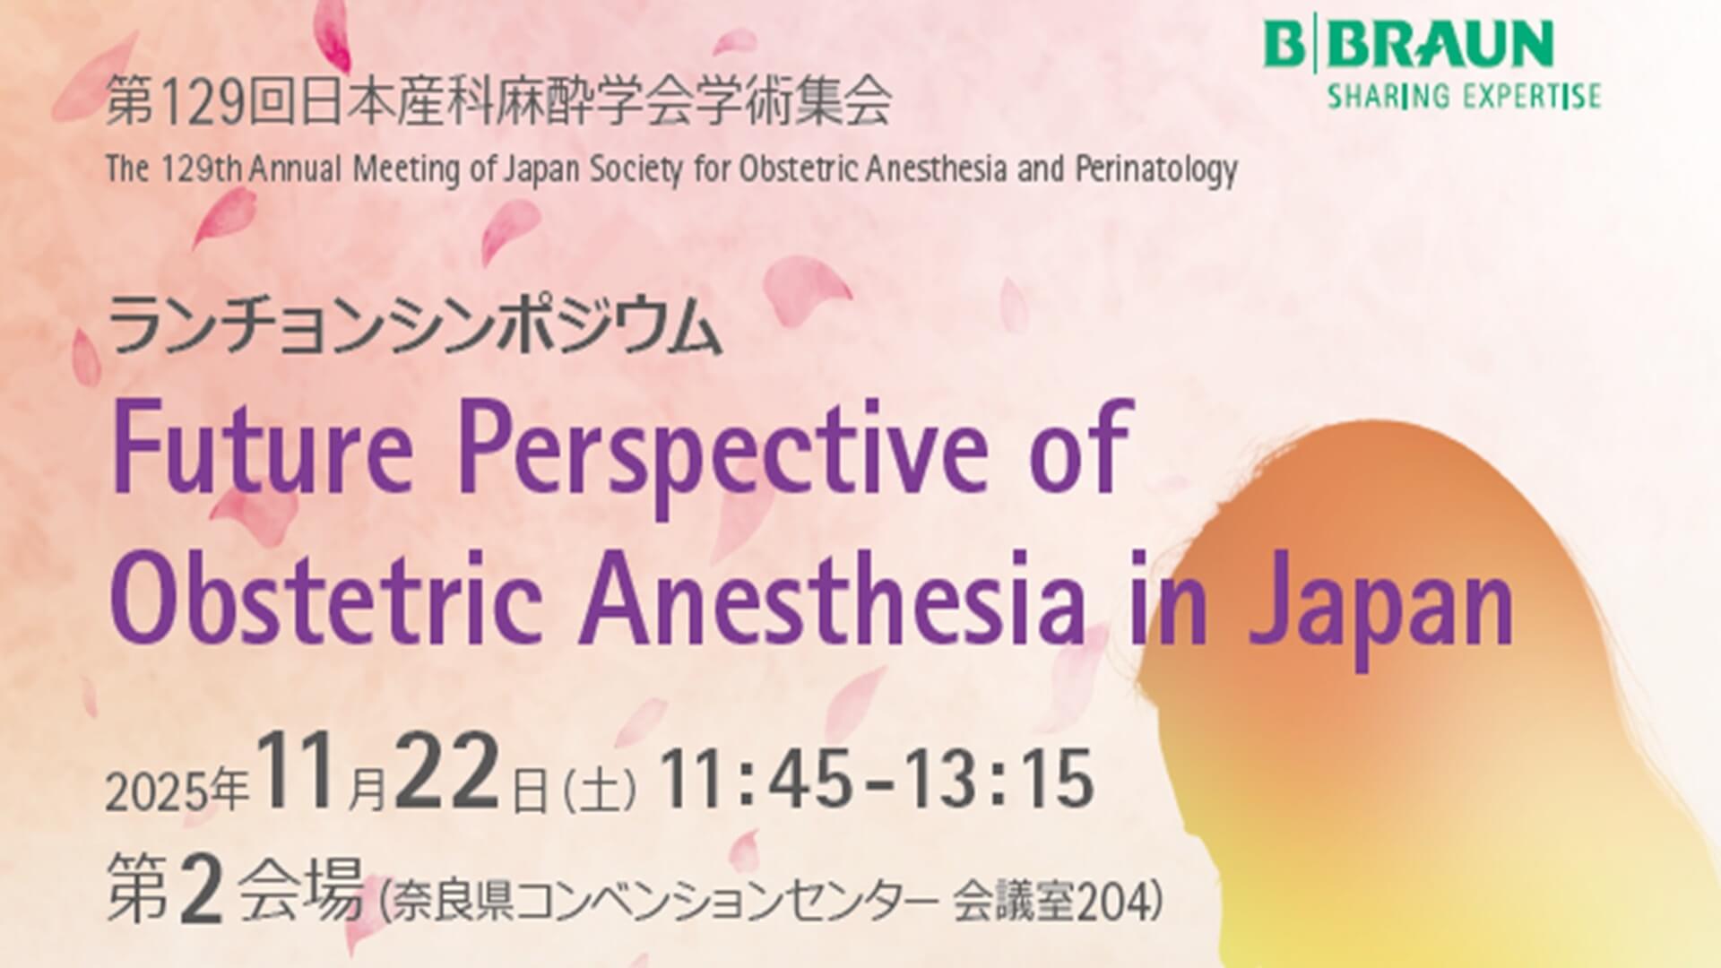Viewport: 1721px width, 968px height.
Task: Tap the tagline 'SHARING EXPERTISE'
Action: tap(1464, 96)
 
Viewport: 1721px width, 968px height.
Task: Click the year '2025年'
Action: tap(177, 791)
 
